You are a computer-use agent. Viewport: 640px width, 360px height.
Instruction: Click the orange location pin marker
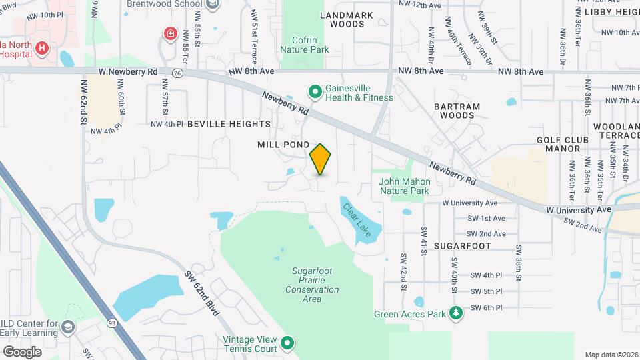click(321, 159)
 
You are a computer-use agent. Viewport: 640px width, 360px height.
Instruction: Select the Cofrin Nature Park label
click(304, 44)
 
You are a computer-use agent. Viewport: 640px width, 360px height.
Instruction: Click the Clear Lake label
click(357, 216)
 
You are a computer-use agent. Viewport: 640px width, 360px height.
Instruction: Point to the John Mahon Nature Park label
click(404, 186)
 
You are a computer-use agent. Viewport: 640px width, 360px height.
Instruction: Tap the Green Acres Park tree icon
click(456, 313)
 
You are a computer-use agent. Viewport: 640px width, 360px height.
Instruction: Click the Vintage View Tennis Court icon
click(288, 343)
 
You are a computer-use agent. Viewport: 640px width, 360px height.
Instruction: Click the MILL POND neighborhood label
click(283, 145)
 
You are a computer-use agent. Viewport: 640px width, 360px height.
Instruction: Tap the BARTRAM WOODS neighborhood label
click(457, 111)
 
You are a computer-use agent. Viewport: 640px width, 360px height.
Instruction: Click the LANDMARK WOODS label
click(342, 19)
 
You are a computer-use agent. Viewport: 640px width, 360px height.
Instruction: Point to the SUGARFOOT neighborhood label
click(462, 246)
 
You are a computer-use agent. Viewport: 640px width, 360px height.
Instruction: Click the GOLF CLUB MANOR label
click(563, 145)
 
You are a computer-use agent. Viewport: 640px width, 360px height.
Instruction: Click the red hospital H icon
click(42, 48)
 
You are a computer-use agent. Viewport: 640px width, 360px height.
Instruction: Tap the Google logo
click(22, 351)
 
